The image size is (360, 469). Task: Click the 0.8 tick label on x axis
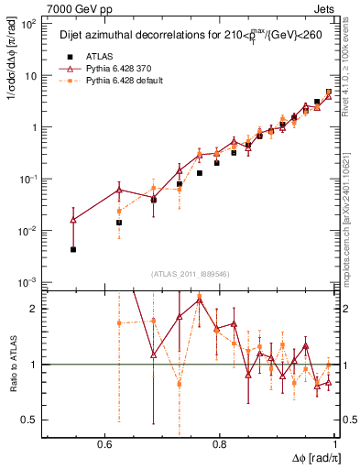(219, 443)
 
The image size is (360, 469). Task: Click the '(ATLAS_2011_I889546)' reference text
(191, 274)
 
